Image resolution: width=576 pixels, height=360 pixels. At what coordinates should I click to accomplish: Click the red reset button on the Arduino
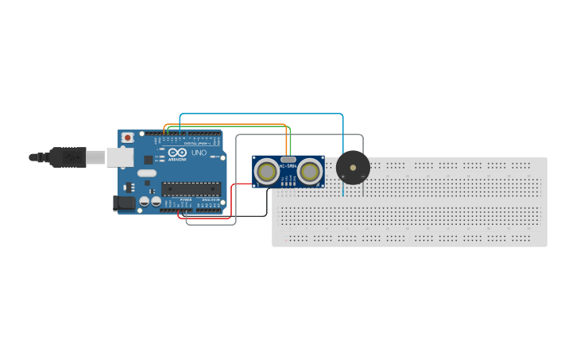pos(127,137)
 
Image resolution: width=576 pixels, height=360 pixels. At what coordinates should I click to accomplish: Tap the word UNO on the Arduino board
pos(199,152)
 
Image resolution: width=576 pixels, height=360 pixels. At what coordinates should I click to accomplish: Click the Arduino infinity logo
pos(176,152)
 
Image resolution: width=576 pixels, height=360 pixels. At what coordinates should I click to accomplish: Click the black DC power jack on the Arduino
pos(125,203)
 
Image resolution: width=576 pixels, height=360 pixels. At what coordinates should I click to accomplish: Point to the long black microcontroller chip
pos(191,188)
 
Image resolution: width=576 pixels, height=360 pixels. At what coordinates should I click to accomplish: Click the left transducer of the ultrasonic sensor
pos(267,171)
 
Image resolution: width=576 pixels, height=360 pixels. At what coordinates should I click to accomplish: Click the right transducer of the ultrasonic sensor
pos(310,171)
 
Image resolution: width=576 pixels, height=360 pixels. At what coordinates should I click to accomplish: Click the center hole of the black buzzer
pos(353,168)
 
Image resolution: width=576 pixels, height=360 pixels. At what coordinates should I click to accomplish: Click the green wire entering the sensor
pos(291,143)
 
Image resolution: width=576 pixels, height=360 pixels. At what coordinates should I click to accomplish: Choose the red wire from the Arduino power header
pos(231,203)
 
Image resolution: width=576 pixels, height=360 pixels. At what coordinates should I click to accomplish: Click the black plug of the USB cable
pos(68,157)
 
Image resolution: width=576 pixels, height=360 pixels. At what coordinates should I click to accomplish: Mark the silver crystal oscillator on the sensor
pos(288,160)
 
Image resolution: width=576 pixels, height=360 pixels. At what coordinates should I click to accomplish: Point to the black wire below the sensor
pos(267,203)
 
